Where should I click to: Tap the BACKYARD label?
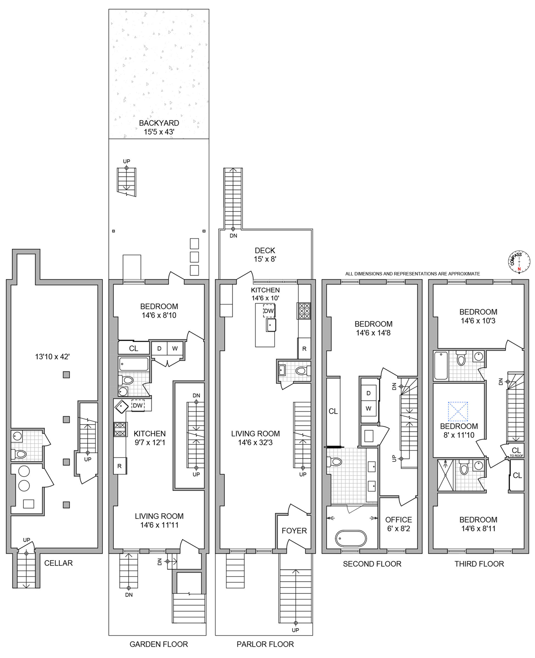(159, 123)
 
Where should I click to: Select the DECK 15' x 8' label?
(265, 255)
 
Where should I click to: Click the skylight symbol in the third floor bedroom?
(458, 411)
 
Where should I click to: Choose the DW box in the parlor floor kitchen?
(269, 311)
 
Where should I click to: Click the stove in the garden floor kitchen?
(120, 429)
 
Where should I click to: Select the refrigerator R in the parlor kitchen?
(304, 348)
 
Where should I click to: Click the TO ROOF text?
(516, 456)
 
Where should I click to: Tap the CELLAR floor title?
(58, 563)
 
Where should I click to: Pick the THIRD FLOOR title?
(479, 564)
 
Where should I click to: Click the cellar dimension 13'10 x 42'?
(52, 357)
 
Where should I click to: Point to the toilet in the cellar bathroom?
(19, 454)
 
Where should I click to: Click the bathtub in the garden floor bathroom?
(134, 364)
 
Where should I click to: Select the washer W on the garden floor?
(175, 348)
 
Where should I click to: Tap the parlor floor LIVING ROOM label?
(255, 433)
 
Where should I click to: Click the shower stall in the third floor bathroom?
(445, 475)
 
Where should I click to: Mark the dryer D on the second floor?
(368, 393)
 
